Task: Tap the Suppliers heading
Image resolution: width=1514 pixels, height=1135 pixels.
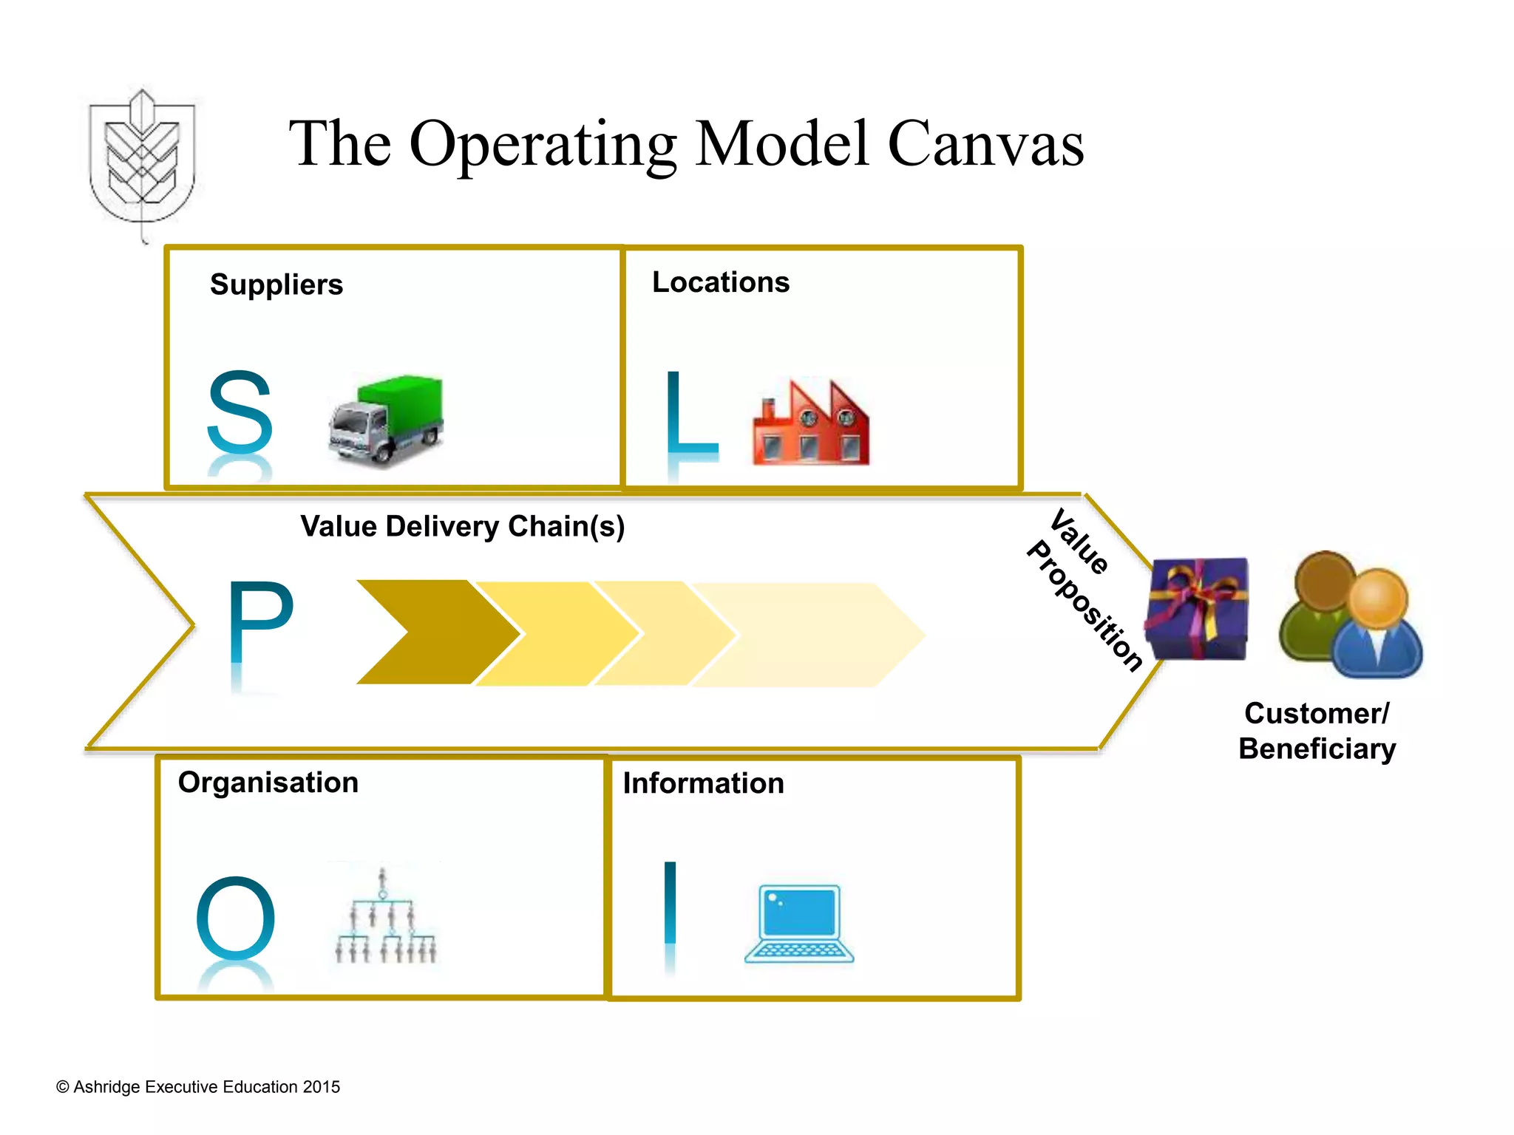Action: [276, 284]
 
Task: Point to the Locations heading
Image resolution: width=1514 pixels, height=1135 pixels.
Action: [721, 282]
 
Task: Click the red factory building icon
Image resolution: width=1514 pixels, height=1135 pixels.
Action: [811, 424]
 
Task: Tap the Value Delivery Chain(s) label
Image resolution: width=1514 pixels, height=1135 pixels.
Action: [463, 526]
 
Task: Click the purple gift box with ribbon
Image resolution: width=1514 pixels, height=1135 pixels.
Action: [1196, 609]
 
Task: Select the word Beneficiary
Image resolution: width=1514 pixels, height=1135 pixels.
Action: [1317, 749]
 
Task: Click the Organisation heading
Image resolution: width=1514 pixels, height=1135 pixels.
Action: [268, 783]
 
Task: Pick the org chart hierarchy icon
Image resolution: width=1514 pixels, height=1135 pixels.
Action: [385, 917]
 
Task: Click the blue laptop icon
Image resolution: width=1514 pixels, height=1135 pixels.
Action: [799, 924]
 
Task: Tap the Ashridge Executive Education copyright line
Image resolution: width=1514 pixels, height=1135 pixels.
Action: [198, 1087]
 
